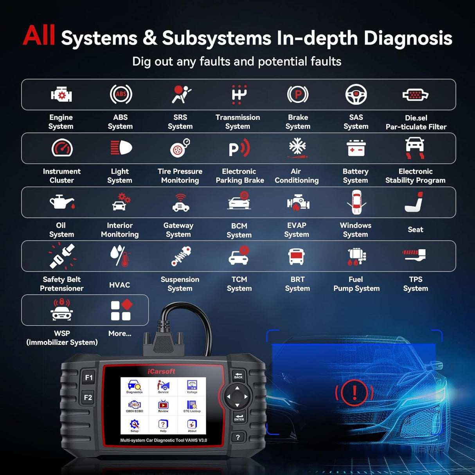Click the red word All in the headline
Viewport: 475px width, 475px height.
[x=39, y=36]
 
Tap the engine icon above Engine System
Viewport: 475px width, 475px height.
[x=61, y=95]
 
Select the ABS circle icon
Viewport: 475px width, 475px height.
[x=121, y=94]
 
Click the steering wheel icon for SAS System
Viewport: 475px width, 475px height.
[x=356, y=94]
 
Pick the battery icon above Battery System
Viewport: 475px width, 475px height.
[x=356, y=148]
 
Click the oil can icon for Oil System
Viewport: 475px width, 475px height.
[x=61, y=202]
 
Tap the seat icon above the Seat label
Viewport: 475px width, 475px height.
[x=415, y=202]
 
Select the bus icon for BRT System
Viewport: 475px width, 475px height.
[x=297, y=256]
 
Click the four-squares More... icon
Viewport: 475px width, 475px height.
[x=121, y=310]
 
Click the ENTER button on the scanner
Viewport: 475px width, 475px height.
[x=239, y=417]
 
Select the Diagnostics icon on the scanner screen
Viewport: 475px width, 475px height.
[x=134, y=386]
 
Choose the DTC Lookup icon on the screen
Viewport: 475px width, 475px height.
[x=192, y=406]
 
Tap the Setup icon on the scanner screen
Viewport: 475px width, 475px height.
[x=134, y=425]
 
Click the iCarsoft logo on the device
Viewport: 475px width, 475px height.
[x=161, y=371]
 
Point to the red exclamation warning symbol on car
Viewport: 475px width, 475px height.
[x=354, y=392]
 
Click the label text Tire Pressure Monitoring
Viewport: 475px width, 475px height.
[x=180, y=176]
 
